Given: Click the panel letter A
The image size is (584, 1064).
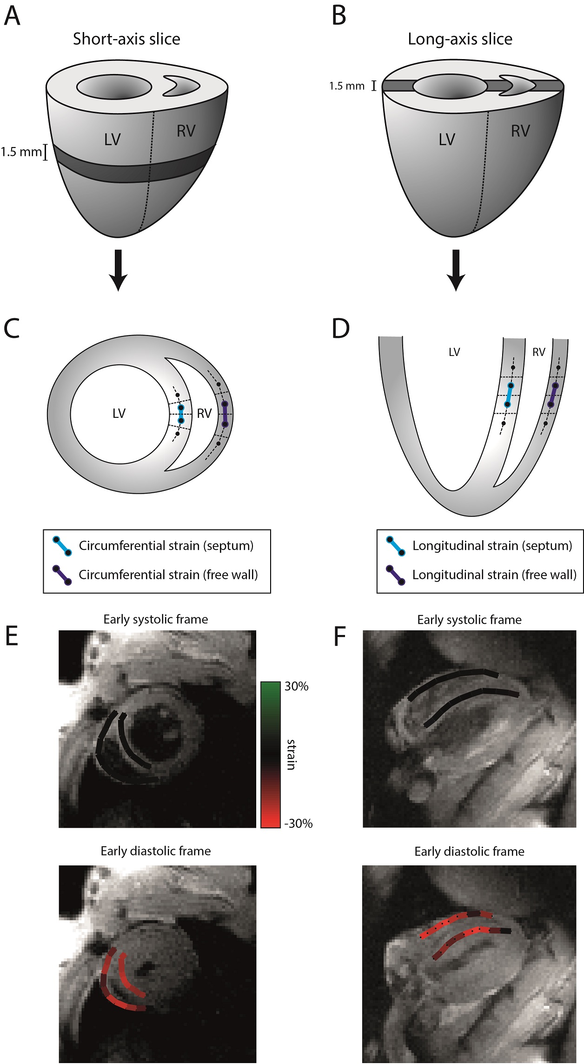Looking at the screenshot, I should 12,16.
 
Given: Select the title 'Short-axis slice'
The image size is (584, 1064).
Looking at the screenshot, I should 126,39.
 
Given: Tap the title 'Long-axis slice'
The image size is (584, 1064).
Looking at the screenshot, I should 460,39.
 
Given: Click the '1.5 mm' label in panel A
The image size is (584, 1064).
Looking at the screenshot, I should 21,152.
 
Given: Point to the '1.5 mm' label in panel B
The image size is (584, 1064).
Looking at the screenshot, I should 347,86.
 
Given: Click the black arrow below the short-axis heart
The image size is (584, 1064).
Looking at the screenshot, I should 118,270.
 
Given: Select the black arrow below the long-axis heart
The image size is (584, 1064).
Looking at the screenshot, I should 456,270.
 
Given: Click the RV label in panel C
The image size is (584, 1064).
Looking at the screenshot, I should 204,414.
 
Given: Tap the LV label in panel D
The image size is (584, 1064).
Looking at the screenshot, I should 454,353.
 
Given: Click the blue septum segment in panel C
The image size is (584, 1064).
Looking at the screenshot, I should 181,414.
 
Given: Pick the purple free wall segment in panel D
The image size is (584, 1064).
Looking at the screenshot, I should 553,395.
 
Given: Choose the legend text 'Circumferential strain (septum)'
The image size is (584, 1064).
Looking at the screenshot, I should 166,546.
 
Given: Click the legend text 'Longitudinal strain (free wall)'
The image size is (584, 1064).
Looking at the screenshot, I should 494,575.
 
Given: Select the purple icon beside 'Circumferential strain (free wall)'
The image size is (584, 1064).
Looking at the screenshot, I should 62,575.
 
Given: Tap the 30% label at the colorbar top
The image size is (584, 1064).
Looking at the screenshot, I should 296,687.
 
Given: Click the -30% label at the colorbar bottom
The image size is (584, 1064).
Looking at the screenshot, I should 298,823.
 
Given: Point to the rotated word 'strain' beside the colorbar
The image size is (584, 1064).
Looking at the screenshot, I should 291,754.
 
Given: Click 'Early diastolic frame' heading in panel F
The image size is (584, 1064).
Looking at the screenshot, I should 469,851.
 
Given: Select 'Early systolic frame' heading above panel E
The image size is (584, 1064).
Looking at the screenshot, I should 156,619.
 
